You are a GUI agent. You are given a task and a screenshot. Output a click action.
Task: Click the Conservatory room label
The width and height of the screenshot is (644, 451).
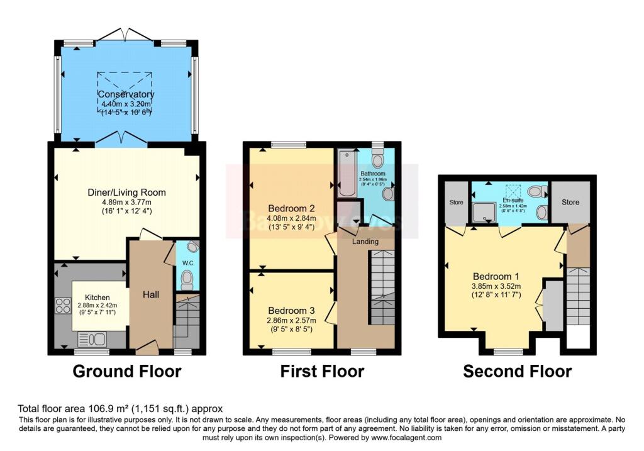[126, 94]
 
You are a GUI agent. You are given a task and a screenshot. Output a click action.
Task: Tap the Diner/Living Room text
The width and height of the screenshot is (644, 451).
[126, 192]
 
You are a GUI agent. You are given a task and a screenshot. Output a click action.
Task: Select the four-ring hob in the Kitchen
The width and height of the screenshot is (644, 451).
[63, 306]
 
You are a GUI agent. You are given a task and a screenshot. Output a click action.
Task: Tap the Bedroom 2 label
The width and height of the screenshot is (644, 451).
[291, 208]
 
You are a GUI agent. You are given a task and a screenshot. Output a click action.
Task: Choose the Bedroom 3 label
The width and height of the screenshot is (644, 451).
[291, 311]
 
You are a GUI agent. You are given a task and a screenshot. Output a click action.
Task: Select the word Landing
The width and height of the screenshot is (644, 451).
[365, 242]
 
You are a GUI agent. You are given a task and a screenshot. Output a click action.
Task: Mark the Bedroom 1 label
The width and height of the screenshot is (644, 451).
[496, 276]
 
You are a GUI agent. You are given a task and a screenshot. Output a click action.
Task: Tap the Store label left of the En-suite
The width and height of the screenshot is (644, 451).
[455, 203]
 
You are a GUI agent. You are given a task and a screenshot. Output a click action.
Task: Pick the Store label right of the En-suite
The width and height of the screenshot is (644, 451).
[570, 203]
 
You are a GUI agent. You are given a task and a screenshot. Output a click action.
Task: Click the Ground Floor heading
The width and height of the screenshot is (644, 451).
[127, 372]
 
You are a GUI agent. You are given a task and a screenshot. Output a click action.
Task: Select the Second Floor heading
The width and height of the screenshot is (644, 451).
[517, 372]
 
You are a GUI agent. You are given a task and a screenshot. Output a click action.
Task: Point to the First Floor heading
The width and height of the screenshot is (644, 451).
[322, 372]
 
